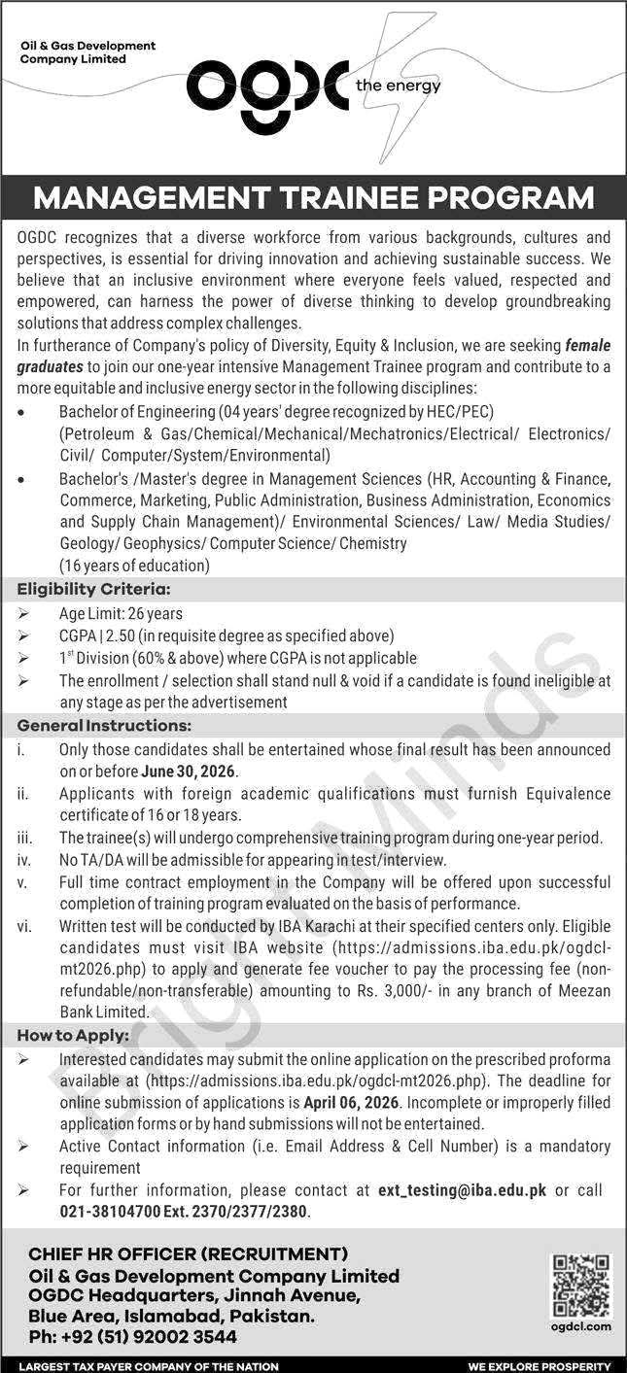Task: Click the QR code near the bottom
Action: [582, 1286]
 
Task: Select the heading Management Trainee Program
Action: [313, 198]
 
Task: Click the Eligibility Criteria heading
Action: [93, 589]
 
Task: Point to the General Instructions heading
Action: [104, 726]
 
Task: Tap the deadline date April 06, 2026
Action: [359, 1102]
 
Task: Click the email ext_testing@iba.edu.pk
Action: [462, 1190]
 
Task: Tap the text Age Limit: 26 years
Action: [121, 614]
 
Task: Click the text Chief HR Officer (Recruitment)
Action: [188, 1254]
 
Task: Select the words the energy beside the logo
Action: [399, 86]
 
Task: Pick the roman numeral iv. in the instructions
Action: [23, 860]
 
